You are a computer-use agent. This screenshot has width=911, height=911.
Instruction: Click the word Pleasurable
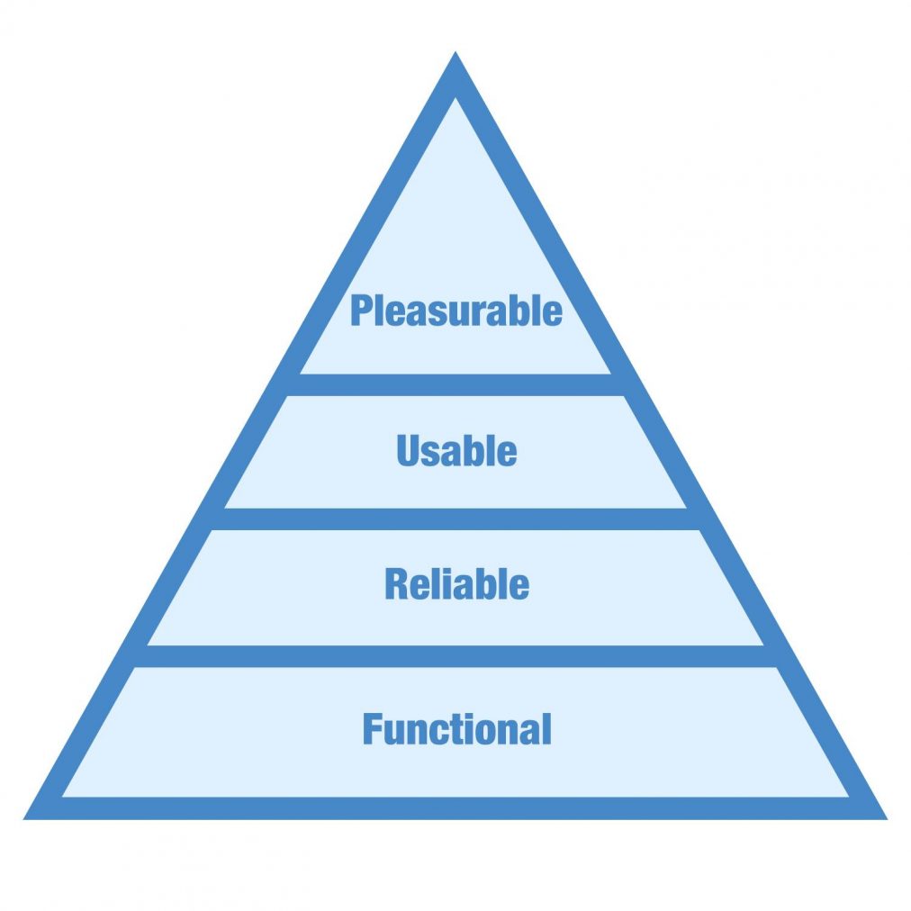[456, 311]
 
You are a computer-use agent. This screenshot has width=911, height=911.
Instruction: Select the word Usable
[456, 451]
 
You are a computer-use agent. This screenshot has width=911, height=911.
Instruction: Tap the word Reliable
[456, 585]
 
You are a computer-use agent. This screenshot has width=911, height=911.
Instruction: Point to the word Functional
[456, 728]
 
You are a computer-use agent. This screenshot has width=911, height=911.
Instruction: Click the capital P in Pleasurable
[361, 311]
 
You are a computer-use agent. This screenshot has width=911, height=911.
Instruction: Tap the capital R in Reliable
[397, 585]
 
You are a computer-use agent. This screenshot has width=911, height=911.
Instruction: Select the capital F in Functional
[373, 728]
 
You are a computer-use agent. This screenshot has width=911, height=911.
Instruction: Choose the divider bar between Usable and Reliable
[455, 519]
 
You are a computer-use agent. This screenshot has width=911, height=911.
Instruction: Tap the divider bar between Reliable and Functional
[455, 655]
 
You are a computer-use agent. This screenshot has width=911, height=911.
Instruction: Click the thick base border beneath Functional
[455, 807]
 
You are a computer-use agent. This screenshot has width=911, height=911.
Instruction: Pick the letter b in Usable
[477, 451]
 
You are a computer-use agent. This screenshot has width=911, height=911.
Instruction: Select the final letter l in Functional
[546, 728]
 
